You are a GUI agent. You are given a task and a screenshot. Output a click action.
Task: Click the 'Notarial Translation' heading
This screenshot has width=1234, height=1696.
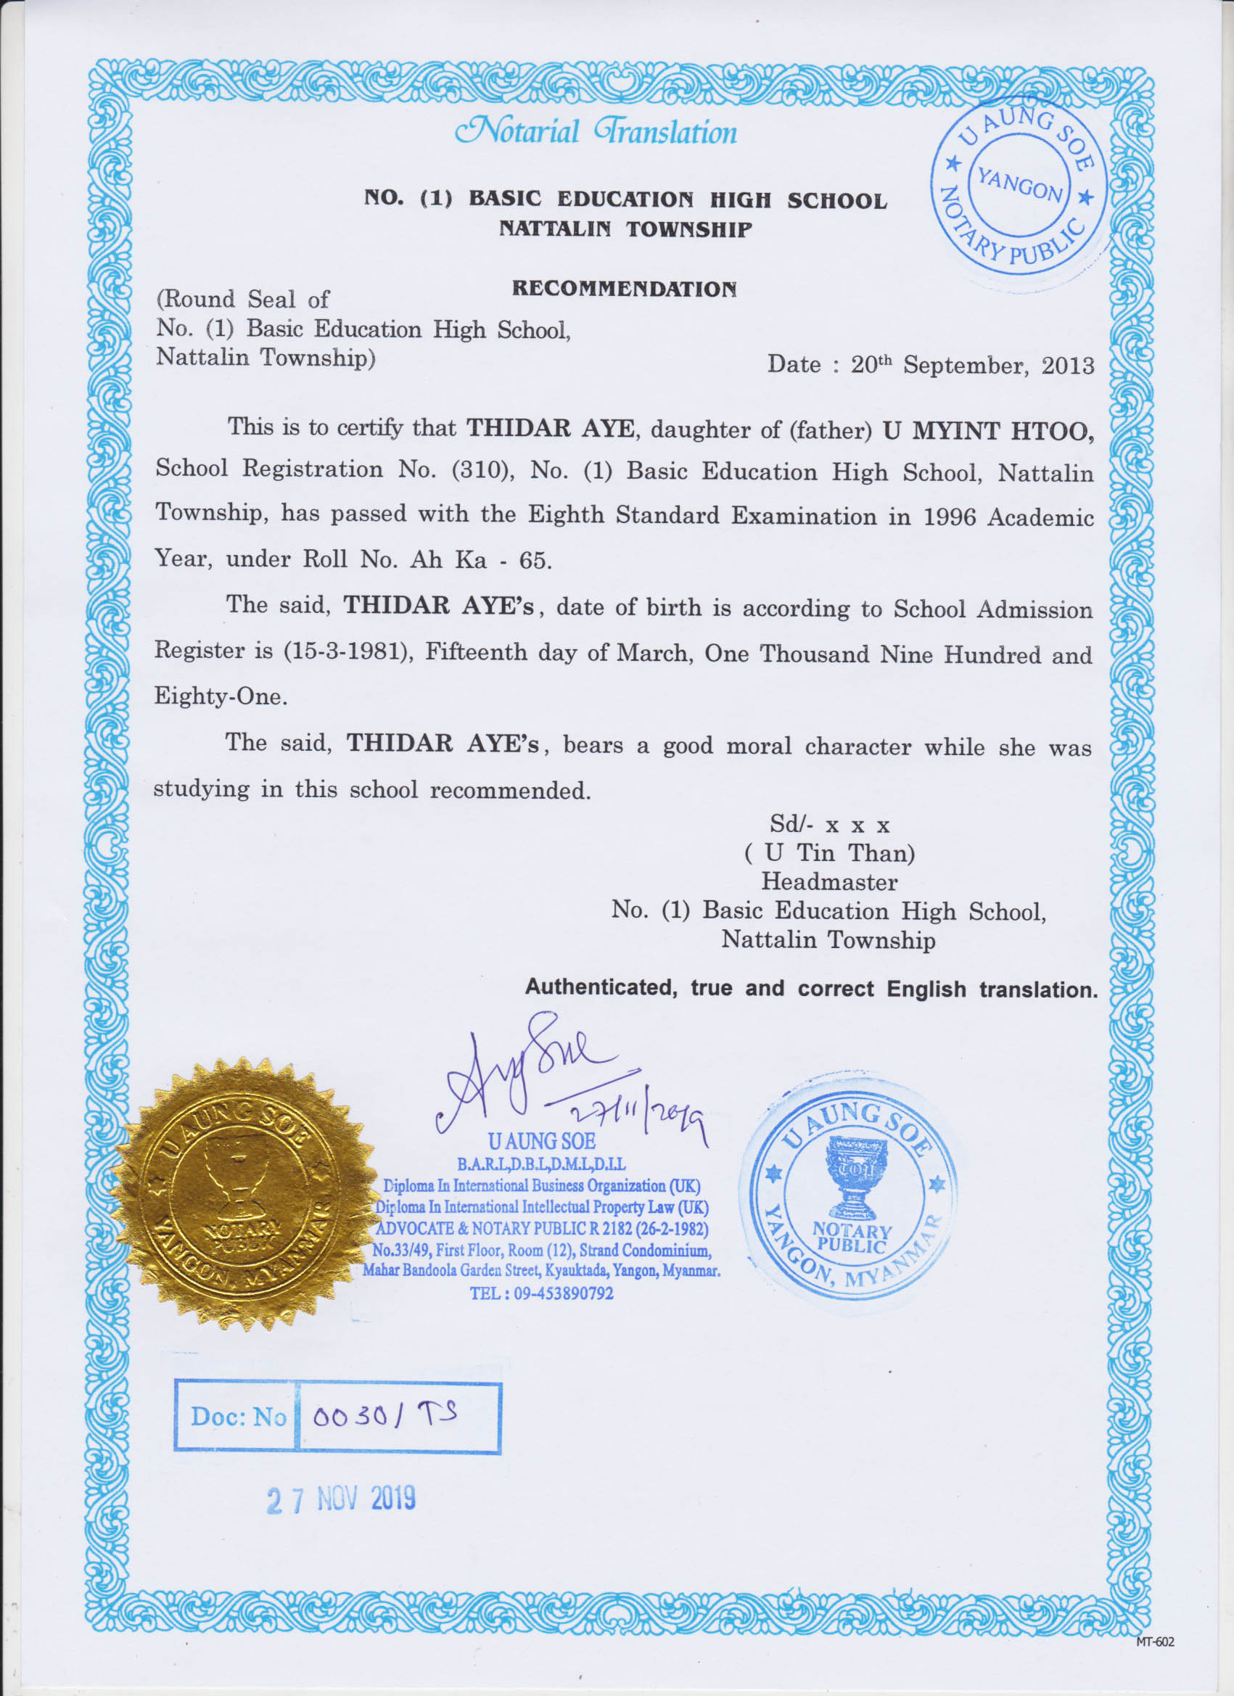coord(596,132)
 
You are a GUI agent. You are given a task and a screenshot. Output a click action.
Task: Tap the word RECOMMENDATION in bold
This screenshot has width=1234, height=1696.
coord(624,289)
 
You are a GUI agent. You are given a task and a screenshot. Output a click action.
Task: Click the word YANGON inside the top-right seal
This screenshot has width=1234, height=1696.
coord(1019,184)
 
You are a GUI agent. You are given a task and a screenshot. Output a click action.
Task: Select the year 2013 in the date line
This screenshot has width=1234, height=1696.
coord(1067,366)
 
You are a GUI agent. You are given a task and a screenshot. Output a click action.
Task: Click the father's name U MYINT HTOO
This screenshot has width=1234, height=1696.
coord(988,432)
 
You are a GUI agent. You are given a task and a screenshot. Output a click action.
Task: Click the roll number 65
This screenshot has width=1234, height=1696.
coord(534,560)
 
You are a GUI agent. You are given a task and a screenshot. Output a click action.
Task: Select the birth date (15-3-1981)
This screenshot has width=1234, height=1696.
coord(347,651)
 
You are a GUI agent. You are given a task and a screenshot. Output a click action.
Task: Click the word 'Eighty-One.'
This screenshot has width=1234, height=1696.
coord(221,696)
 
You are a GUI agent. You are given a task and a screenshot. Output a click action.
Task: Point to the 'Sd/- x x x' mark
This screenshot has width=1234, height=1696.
coord(829,825)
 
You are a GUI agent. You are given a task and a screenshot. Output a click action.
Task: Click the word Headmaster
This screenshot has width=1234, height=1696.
coord(828,881)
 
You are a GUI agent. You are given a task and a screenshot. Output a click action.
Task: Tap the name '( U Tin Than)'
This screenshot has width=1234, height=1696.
coord(829,853)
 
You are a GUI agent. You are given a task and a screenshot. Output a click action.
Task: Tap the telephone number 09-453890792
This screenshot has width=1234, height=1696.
coord(562,1293)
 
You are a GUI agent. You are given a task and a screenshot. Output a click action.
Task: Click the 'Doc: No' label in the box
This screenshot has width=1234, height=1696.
coord(238,1416)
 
